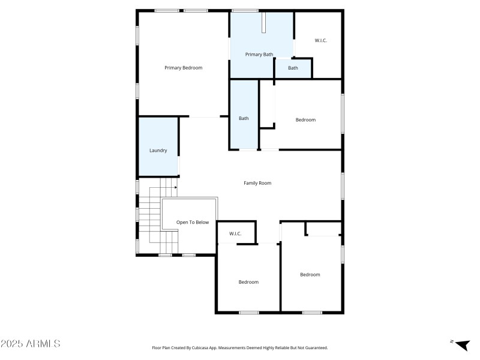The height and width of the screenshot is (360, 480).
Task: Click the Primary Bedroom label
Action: tap(183, 68)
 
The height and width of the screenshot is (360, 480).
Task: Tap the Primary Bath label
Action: tap(259, 55)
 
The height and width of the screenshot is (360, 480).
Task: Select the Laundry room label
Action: tap(158, 151)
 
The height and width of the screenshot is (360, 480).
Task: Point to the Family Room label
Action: tap(257, 183)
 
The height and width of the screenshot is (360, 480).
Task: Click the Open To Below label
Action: tap(193, 222)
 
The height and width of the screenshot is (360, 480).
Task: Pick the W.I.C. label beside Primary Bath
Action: tap(321, 41)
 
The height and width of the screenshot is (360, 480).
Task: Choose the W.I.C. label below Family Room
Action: tap(235, 233)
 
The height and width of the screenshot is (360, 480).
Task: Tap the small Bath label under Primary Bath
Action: tap(293, 68)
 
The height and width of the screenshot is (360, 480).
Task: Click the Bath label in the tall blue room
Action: tap(244, 118)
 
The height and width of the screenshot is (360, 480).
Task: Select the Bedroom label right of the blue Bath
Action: tap(305, 120)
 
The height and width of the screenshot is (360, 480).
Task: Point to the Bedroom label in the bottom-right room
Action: tap(310, 275)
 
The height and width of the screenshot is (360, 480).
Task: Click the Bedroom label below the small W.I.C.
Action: tap(248, 282)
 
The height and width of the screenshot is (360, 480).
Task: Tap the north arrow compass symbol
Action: tap(461, 345)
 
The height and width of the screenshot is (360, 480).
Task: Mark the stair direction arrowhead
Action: tap(175, 187)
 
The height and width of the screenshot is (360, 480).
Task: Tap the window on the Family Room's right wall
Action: tap(343, 185)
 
